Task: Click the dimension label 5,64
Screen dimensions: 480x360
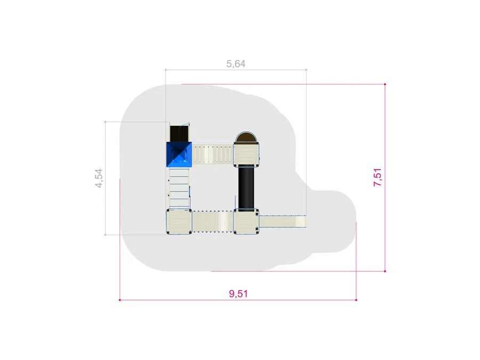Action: point(236,63)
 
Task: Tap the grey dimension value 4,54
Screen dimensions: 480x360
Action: point(99,178)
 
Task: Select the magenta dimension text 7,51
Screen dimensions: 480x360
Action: point(378,177)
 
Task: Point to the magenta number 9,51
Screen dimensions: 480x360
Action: point(238,293)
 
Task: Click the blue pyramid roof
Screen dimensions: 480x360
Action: point(179,155)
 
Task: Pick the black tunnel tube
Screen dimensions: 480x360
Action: point(246,188)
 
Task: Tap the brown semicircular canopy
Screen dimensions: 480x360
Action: point(246,138)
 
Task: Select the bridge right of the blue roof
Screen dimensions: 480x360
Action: point(213,155)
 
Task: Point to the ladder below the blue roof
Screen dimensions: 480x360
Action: point(179,188)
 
